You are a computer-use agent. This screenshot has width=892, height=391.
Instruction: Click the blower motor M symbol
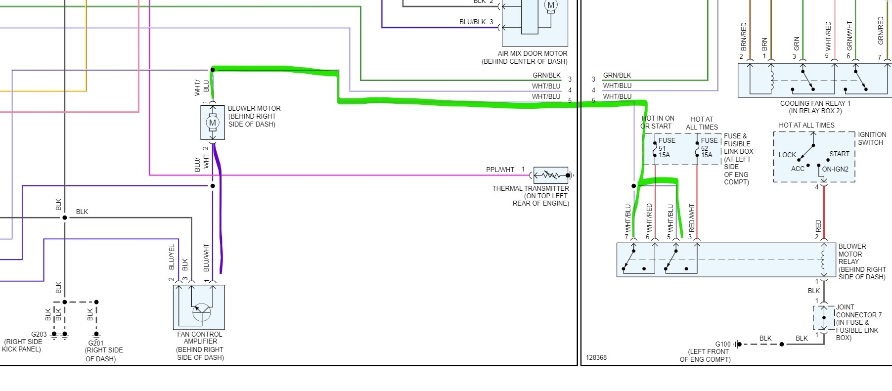click(213, 123)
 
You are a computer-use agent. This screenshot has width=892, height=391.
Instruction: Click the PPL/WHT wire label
click(500, 170)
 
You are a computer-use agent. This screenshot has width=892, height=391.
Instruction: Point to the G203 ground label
click(39, 334)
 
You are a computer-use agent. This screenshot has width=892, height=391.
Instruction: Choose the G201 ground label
click(96, 343)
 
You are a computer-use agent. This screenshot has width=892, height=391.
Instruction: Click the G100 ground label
click(722, 344)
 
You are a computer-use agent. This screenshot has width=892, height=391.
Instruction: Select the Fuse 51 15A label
click(666, 148)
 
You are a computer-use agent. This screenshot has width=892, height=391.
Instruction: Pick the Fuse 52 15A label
click(708, 148)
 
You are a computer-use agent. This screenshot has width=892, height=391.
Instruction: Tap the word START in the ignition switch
click(839, 154)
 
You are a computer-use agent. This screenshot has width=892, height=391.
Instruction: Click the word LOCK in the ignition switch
click(787, 155)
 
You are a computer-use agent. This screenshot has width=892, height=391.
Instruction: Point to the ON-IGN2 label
click(835, 169)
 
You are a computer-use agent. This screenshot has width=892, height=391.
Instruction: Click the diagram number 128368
click(596, 357)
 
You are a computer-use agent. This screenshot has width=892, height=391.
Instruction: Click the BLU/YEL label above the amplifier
click(172, 257)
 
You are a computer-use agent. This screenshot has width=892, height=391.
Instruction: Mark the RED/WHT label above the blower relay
click(691, 217)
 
